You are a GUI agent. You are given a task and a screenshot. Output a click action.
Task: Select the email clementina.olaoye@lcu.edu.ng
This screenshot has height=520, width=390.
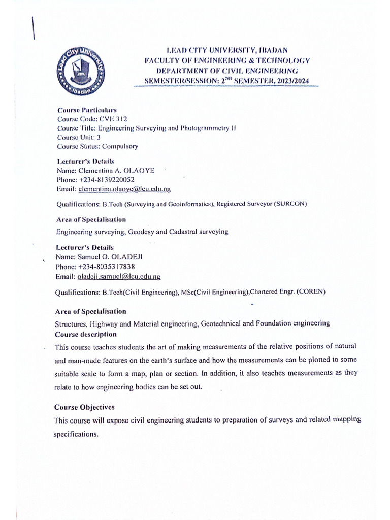[124, 189]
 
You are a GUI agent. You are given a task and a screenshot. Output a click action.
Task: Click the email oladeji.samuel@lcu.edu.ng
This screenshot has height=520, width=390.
[119, 276]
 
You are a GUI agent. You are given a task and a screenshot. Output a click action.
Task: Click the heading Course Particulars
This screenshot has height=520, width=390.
[87, 110]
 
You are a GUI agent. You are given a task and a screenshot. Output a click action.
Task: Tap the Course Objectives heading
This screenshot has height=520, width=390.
[84, 407]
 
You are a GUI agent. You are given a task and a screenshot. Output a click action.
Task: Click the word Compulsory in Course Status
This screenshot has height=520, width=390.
[120, 146]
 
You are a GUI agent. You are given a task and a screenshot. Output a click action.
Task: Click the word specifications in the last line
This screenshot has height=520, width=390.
[75, 435]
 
